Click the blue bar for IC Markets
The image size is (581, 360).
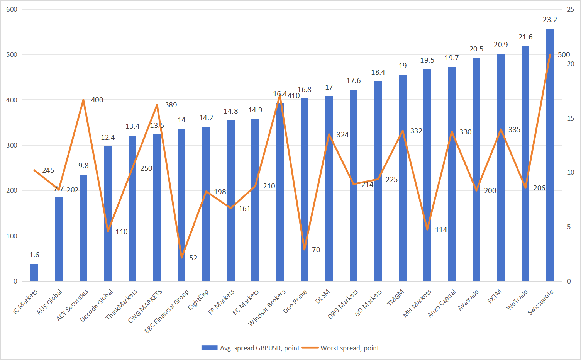[34, 272]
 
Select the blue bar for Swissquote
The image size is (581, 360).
[550, 155]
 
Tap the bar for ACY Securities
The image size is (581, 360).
[83, 228]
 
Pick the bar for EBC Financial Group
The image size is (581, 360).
[181, 205]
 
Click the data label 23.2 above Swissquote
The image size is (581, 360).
[550, 20]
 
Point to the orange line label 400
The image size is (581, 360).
[97, 100]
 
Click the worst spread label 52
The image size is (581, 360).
[193, 258]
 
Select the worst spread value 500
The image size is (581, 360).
[564, 55]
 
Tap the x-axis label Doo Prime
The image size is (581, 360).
[295, 302]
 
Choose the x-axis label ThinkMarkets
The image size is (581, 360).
[122, 305]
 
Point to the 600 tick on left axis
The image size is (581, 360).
[12, 9]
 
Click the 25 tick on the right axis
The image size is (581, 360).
[570, 9]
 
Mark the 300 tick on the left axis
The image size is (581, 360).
[12, 145]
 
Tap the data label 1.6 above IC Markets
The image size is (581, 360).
[34, 255]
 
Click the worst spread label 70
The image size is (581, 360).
[316, 250]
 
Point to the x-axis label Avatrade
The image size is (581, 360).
[468, 300]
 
